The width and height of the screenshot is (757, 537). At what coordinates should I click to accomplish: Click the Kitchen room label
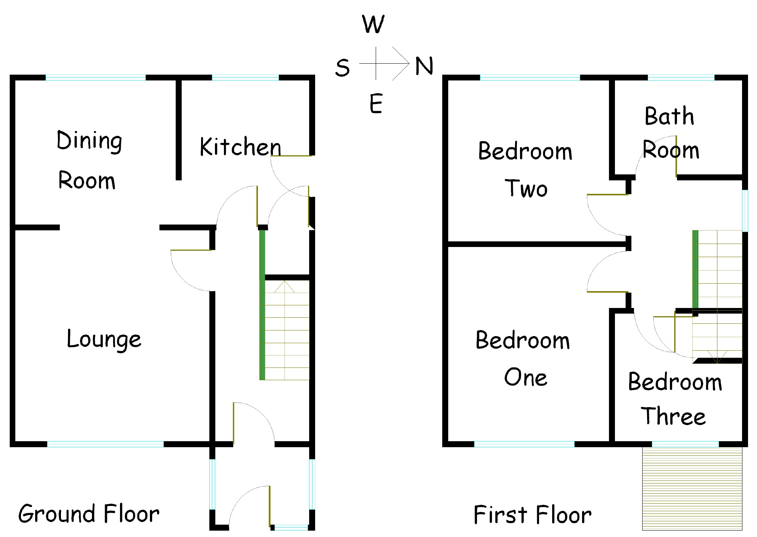pos(240,147)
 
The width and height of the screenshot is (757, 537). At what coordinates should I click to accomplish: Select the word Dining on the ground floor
pos(89,141)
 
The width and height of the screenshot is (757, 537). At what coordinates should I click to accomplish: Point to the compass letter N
pos(424,66)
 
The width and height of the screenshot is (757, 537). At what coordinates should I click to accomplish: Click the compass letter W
pos(373,25)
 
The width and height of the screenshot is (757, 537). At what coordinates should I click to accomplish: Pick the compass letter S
pos(342,68)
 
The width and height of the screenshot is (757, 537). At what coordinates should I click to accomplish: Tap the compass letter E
pos(376,104)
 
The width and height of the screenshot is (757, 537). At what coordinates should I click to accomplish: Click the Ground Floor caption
pos(89,514)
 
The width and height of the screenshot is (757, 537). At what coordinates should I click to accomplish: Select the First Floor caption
pos(532,515)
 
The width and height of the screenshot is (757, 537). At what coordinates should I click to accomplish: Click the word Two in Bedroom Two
pos(526,189)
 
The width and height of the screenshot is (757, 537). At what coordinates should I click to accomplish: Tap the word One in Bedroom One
pos(526,377)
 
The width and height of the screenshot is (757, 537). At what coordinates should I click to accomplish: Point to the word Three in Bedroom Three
pos(673,416)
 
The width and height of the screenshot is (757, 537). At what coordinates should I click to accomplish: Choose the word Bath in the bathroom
pos(669,116)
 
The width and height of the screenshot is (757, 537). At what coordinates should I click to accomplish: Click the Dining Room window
pos(96,78)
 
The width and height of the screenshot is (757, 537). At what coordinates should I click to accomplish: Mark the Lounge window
pos(105,444)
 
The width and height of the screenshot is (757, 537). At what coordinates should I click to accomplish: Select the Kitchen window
pos(245,78)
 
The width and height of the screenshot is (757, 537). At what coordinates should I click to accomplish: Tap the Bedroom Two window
pos(530,78)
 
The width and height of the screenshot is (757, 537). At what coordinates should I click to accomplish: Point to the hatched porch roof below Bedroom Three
pos(692,488)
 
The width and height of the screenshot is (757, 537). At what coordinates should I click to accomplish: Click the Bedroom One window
pos(524,444)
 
